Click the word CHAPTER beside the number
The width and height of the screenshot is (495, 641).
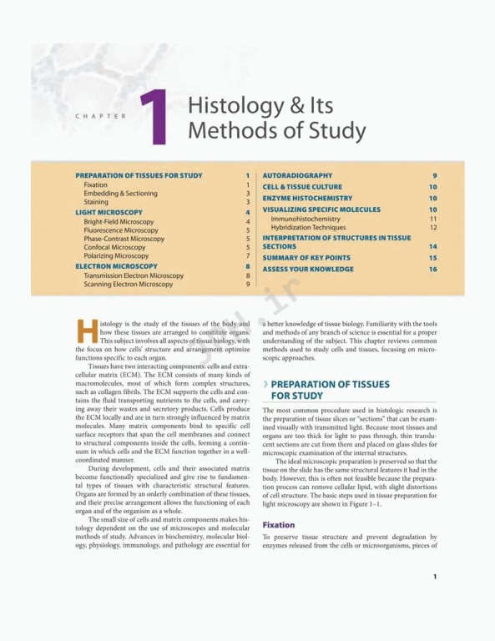(102, 116)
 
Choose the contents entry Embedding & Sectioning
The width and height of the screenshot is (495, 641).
(120, 194)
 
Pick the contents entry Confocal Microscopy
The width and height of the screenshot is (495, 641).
(114, 247)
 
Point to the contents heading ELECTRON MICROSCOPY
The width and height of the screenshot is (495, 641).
(116, 265)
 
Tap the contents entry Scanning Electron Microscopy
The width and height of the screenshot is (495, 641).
(128, 284)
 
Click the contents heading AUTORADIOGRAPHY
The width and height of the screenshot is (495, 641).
(297, 175)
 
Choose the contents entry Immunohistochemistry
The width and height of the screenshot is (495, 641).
(306, 219)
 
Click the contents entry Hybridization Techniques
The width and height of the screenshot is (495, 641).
(308, 227)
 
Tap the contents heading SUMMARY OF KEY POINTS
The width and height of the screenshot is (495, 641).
(306, 258)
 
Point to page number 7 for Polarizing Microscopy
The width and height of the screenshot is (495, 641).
(248, 255)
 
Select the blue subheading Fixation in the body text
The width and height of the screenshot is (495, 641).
(279, 525)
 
